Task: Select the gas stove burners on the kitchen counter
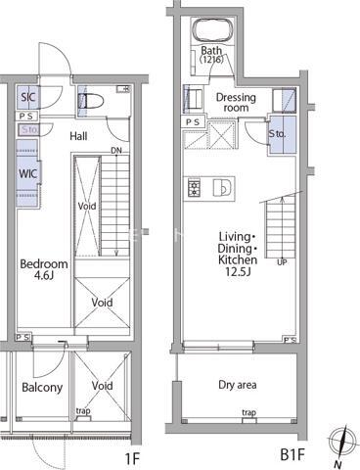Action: point(195,188)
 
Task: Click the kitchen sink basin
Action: point(222,188)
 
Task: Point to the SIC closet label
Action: point(28,97)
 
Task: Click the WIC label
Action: point(27,173)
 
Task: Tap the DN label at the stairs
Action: point(116,151)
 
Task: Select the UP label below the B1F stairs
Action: point(282,262)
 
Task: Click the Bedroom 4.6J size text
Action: point(44,276)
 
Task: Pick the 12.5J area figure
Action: point(238,271)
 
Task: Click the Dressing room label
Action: point(236,103)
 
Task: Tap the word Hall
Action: point(78,136)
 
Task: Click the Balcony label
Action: point(42,388)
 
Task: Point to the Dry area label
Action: point(238,385)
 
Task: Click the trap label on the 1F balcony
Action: point(83,411)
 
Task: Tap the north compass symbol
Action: point(341,442)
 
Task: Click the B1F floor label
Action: point(292,454)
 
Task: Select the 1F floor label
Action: point(133,459)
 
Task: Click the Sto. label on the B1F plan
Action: point(277,133)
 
